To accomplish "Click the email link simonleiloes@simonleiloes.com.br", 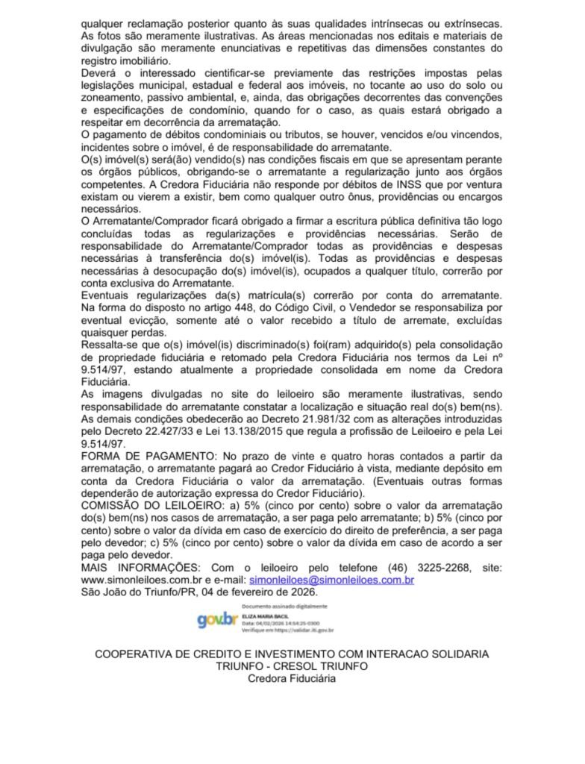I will coord(332,580).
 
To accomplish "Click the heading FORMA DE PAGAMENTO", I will coord(142,455).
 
